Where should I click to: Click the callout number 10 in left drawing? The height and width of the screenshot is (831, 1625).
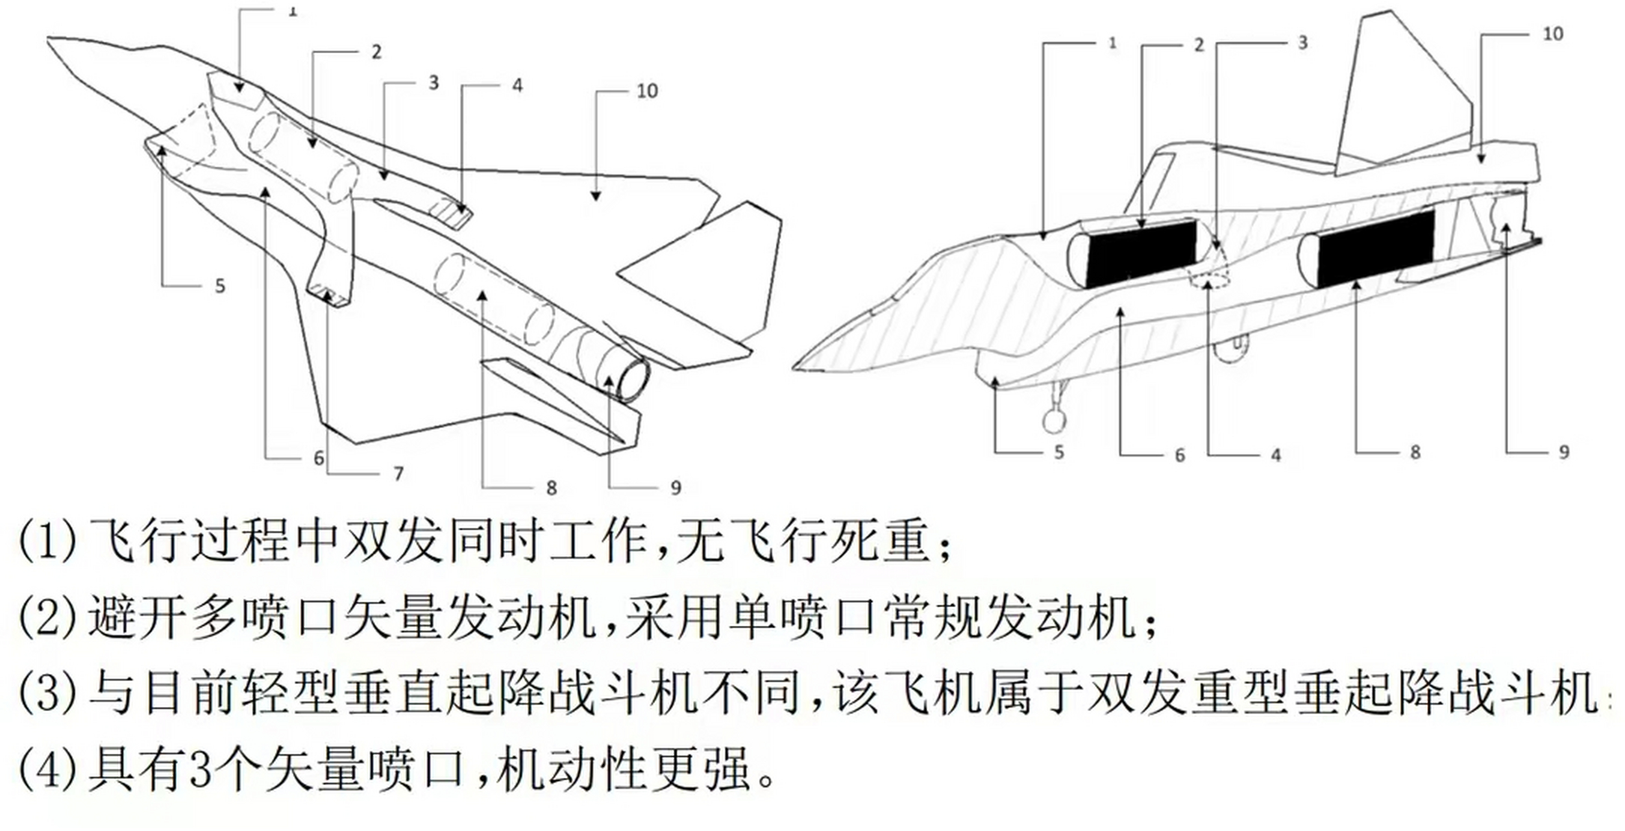647,91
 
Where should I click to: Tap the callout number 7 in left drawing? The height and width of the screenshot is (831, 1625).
398,474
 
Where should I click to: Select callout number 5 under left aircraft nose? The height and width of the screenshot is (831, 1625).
220,286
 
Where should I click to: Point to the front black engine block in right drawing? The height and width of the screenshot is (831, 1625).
1141,253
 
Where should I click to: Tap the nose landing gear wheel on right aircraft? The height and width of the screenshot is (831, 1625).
1054,421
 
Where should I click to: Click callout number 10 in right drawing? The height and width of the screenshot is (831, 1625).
1553,34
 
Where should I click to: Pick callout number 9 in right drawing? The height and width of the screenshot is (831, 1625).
1564,453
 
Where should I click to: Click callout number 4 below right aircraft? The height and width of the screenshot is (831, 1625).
1276,455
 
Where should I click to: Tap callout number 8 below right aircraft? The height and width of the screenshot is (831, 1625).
1415,453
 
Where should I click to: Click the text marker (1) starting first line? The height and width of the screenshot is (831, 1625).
47,540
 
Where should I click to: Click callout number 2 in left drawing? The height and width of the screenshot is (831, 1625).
376,52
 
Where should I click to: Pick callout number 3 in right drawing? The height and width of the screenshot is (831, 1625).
1302,43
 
